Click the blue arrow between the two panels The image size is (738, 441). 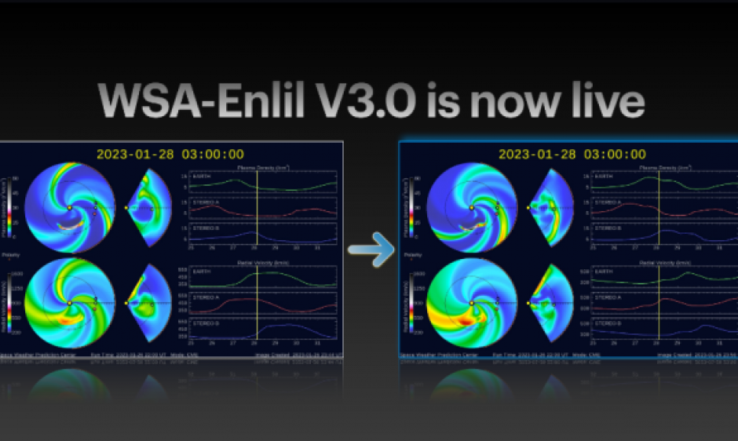point(370,250)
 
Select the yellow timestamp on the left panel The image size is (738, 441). point(170,155)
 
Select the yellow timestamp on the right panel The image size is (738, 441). point(572,155)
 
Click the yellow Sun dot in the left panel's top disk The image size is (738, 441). point(69,208)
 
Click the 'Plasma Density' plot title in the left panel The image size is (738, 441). point(258,168)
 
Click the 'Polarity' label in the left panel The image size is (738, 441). point(10,255)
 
